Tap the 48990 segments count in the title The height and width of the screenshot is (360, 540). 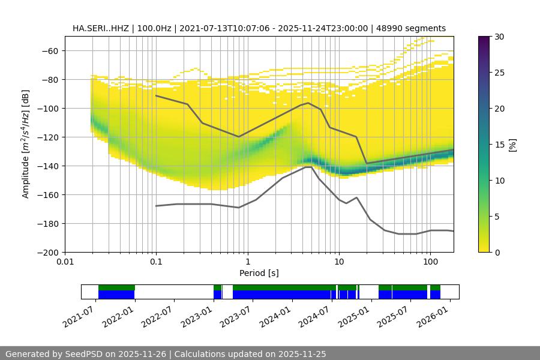413,28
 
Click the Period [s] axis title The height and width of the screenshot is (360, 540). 259,273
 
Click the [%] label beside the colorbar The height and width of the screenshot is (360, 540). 512,145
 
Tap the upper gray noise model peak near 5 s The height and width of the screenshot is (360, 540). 308,103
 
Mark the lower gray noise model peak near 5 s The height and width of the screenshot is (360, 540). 308,167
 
